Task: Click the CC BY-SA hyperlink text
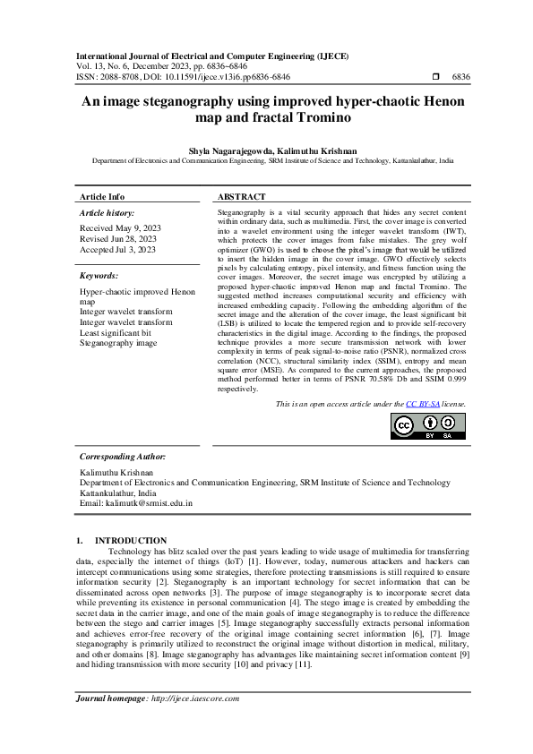tap(424, 404)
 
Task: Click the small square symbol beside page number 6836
tap(435, 78)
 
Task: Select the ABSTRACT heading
tap(242, 196)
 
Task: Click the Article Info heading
tap(102, 196)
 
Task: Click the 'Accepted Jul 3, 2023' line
tap(118, 250)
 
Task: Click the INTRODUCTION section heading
tap(131, 540)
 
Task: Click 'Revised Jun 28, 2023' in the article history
tap(118, 239)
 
